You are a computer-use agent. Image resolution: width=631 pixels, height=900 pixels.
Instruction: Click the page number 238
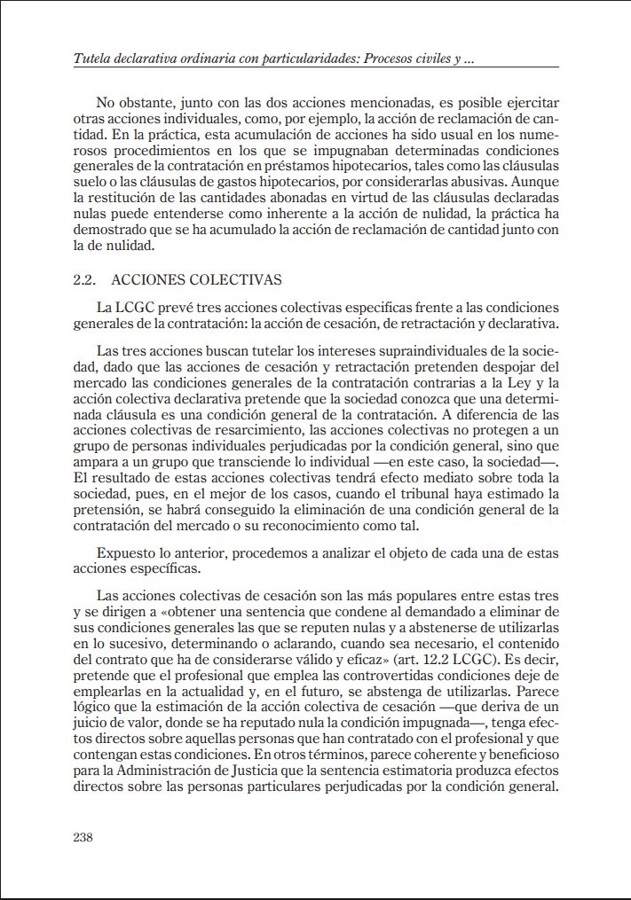(x=83, y=837)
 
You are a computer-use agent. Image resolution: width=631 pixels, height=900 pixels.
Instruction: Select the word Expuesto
(x=124, y=552)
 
